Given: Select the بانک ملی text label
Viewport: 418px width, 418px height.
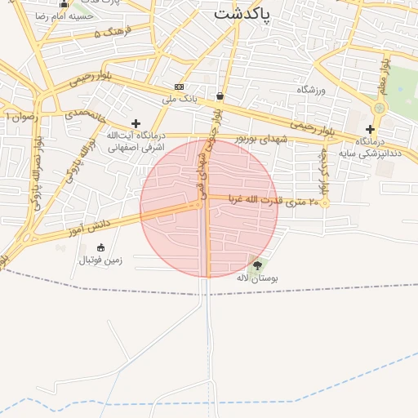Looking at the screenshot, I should coord(180,99).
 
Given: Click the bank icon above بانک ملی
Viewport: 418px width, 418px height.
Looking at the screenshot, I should coord(179,87).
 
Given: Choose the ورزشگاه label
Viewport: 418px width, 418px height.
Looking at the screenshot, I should coord(311,89).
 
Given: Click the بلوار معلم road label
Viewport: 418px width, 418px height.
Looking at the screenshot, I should coord(384,74).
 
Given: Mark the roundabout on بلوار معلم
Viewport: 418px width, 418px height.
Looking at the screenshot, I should coord(379,108).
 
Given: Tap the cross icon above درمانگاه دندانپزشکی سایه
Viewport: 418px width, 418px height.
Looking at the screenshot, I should coord(370,129).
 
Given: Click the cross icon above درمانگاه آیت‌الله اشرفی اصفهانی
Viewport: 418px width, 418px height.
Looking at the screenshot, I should coord(136,123).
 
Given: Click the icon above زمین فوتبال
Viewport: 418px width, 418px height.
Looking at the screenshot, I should coord(100,247).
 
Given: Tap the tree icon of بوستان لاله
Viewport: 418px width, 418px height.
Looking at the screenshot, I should coord(257,265).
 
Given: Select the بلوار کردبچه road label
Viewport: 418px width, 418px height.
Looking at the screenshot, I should coord(324,170).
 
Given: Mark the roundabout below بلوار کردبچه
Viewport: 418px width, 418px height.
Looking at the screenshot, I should coord(325,202).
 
